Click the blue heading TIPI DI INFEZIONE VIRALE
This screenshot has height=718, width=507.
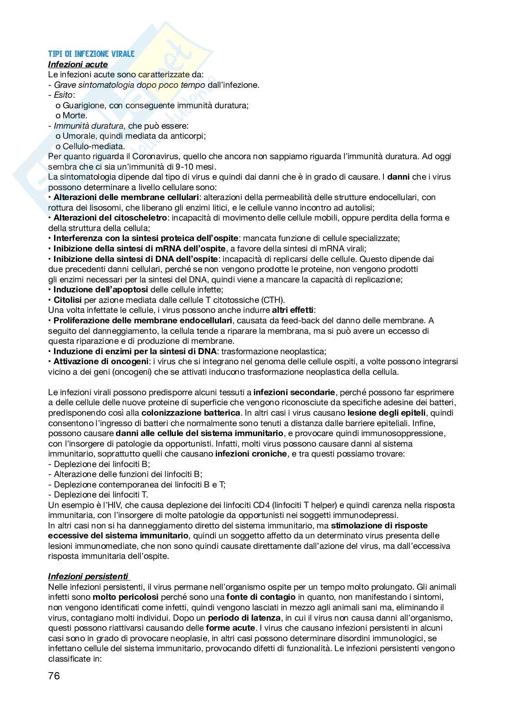pos(91,54)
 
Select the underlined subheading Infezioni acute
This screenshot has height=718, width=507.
pos(78,64)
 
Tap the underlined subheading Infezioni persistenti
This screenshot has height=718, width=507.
pos(89,577)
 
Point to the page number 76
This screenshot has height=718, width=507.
pos(54,676)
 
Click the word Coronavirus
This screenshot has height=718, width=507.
pos(156,156)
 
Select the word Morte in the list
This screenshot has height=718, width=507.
pos(74,115)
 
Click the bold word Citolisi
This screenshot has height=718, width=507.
pos(67,300)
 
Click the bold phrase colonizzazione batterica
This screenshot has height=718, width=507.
pos(191,413)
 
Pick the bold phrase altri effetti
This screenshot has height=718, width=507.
pos(293,310)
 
